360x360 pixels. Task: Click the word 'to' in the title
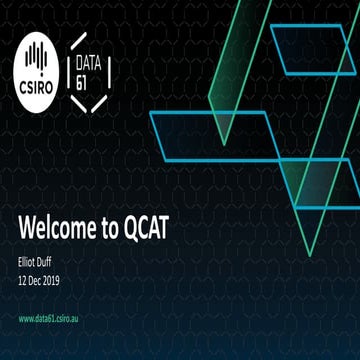point(113,228)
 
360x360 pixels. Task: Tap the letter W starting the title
point(27,228)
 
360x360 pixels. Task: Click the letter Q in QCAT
point(138,228)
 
